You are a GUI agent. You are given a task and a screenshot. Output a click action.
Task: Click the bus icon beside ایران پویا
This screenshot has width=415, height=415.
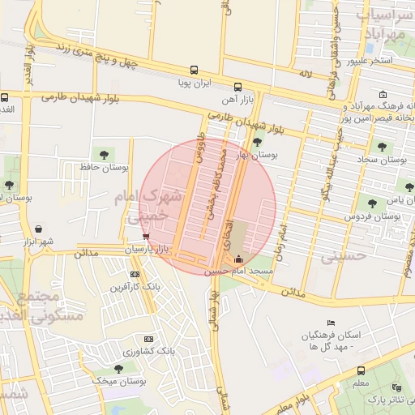tap(193, 70)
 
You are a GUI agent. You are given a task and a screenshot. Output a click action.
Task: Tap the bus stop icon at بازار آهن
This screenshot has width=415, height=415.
tap(237, 87)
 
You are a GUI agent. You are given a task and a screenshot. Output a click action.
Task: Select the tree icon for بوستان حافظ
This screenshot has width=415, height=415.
tap(104, 154)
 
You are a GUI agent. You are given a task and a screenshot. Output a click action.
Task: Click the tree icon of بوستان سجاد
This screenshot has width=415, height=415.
tap(381, 147)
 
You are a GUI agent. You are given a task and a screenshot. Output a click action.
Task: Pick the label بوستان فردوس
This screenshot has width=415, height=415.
tap(374, 216)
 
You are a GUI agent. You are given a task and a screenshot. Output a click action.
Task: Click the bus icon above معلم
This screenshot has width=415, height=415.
tap(360, 370)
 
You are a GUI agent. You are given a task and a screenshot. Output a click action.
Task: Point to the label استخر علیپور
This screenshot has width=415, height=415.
tap(370, 61)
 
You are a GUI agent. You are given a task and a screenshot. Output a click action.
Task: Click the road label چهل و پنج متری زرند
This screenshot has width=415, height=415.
tap(101, 54)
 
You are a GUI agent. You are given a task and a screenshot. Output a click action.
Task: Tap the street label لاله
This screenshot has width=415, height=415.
tap(305, 75)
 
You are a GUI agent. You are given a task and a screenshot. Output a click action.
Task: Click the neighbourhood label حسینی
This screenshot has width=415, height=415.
tap(344, 256)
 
